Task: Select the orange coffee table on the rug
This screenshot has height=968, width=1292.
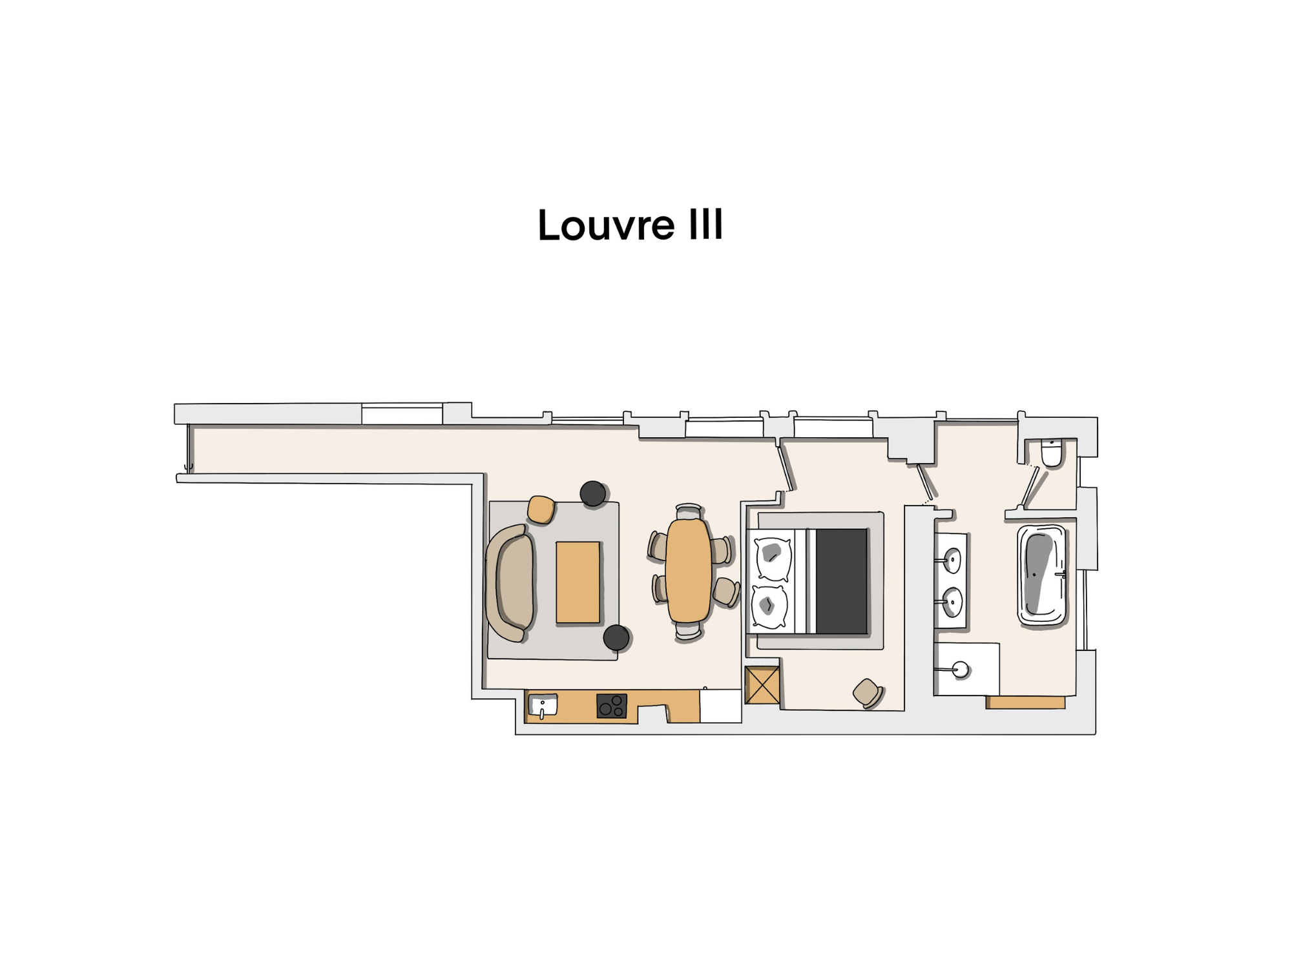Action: (x=578, y=582)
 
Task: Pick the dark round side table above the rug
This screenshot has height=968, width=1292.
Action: (x=592, y=494)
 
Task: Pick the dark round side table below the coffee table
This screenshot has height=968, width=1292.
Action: (x=616, y=637)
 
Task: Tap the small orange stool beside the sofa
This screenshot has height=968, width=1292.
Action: (x=541, y=509)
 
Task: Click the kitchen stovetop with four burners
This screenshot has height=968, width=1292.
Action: (x=611, y=705)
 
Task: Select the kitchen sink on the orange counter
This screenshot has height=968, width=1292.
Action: (x=543, y=705)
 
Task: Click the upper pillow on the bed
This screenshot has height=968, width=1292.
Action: (x=771, y=557)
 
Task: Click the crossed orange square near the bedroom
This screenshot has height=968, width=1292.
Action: (x=762, y=685)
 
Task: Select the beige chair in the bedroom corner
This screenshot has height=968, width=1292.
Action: (x=867, y=693)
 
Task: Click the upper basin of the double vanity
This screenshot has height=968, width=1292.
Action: (x=952, y=561)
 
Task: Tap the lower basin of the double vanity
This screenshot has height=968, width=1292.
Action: (x=953, y=602)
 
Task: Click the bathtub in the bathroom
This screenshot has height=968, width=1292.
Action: (x=1041, y=575)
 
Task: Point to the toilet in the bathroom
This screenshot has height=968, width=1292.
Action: (x=1052, y=453)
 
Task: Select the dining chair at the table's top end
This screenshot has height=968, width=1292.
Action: (x=688, y=511)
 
